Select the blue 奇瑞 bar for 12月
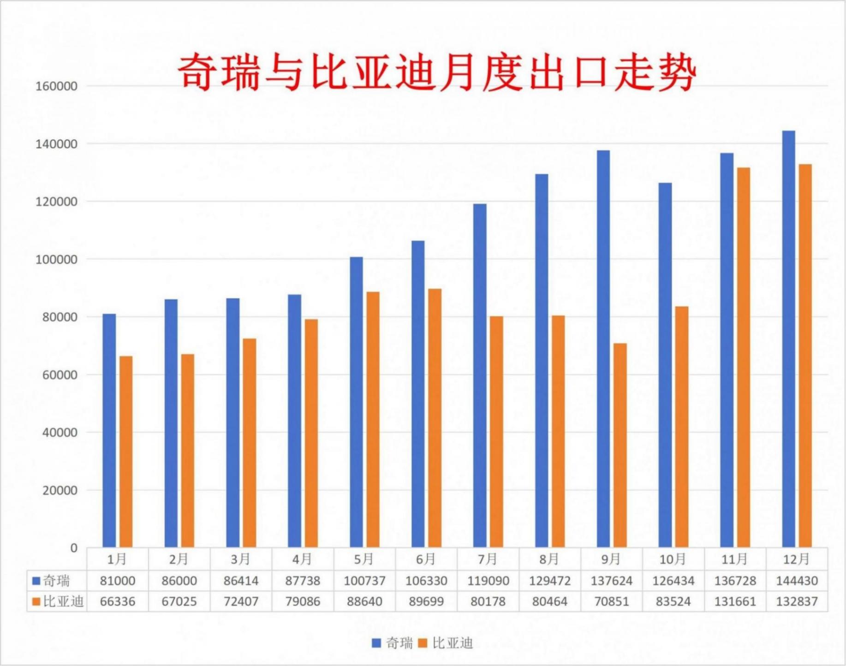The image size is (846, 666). coord(788,339)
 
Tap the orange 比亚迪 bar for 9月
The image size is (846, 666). coord(620,445)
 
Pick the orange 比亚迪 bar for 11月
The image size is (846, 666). coord(743,357)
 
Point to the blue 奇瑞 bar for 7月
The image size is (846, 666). coord(480,375)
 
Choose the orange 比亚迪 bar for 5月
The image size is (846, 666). coord(373,419)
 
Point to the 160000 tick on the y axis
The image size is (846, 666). coord(56,86)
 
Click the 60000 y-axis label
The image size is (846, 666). coord(56,375)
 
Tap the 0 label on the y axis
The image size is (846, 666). coord(74,548)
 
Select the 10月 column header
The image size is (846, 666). coord(673,559)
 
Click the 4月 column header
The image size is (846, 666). coord(302,559)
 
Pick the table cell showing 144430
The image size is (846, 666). coord(797,581)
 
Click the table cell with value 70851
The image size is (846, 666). coord(611,601)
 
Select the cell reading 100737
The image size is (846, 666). coord(364,581)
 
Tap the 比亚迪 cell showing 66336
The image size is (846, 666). coord(118,601)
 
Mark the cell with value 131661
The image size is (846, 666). coord(735,601)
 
